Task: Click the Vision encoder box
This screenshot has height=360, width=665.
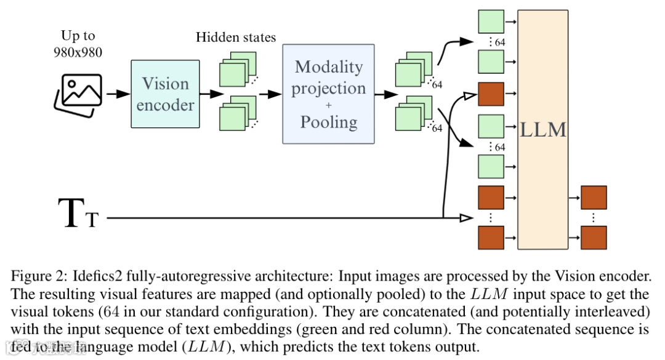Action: pos(165,94)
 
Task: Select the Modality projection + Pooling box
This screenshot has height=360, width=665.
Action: pos(328,94)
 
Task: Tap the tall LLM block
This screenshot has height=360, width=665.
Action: pos(543,129)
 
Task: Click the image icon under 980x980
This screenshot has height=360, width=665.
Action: pos(78,95)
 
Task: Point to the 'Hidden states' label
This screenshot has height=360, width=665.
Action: pos(236,38)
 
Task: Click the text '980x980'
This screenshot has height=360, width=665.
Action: pos(78,52)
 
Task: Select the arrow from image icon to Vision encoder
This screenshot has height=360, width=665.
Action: pos(118,94)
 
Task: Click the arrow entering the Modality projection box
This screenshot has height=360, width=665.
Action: pos(270,94)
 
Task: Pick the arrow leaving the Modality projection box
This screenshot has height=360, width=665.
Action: pos(386,94)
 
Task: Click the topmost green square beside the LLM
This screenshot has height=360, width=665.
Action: pos(491,21)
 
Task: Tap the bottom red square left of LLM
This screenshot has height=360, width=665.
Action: pos(491,238)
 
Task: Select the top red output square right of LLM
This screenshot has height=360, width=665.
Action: pos(594,197)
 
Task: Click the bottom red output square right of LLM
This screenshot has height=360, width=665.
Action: pos(594,238)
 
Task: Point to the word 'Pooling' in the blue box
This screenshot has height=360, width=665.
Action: pos(329,122)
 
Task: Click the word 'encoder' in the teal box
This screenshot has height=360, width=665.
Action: pos(165,105)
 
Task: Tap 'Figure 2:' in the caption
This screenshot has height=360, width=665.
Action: pos(39,276)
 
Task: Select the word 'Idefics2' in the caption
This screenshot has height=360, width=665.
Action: pos(97,276)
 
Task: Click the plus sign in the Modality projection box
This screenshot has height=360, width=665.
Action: pos(328,105)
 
